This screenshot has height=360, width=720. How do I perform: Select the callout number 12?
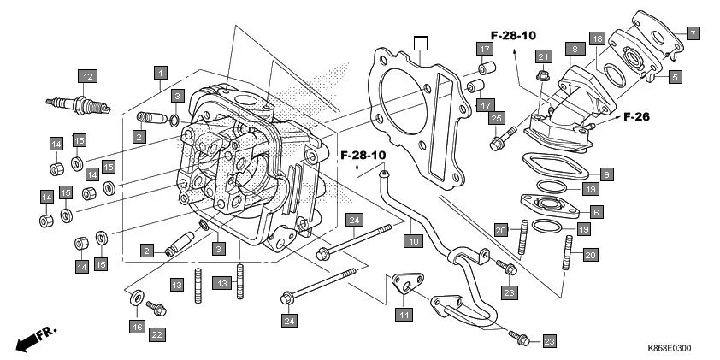click(86, 75)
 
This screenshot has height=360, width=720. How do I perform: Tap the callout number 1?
click(160, 73)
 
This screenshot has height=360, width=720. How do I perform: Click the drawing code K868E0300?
click(669, 348)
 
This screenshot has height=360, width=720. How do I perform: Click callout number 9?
click(605, 174)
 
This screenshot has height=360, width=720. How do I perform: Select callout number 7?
click(693, 32)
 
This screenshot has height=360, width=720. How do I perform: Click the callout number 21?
click(542, 56)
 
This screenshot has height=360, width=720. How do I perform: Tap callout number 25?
click(497, 117)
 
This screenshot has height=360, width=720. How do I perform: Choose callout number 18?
click(596, 38)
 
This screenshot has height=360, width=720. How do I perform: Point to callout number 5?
click(675, 77)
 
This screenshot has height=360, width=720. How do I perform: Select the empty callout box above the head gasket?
click(418, 43)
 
